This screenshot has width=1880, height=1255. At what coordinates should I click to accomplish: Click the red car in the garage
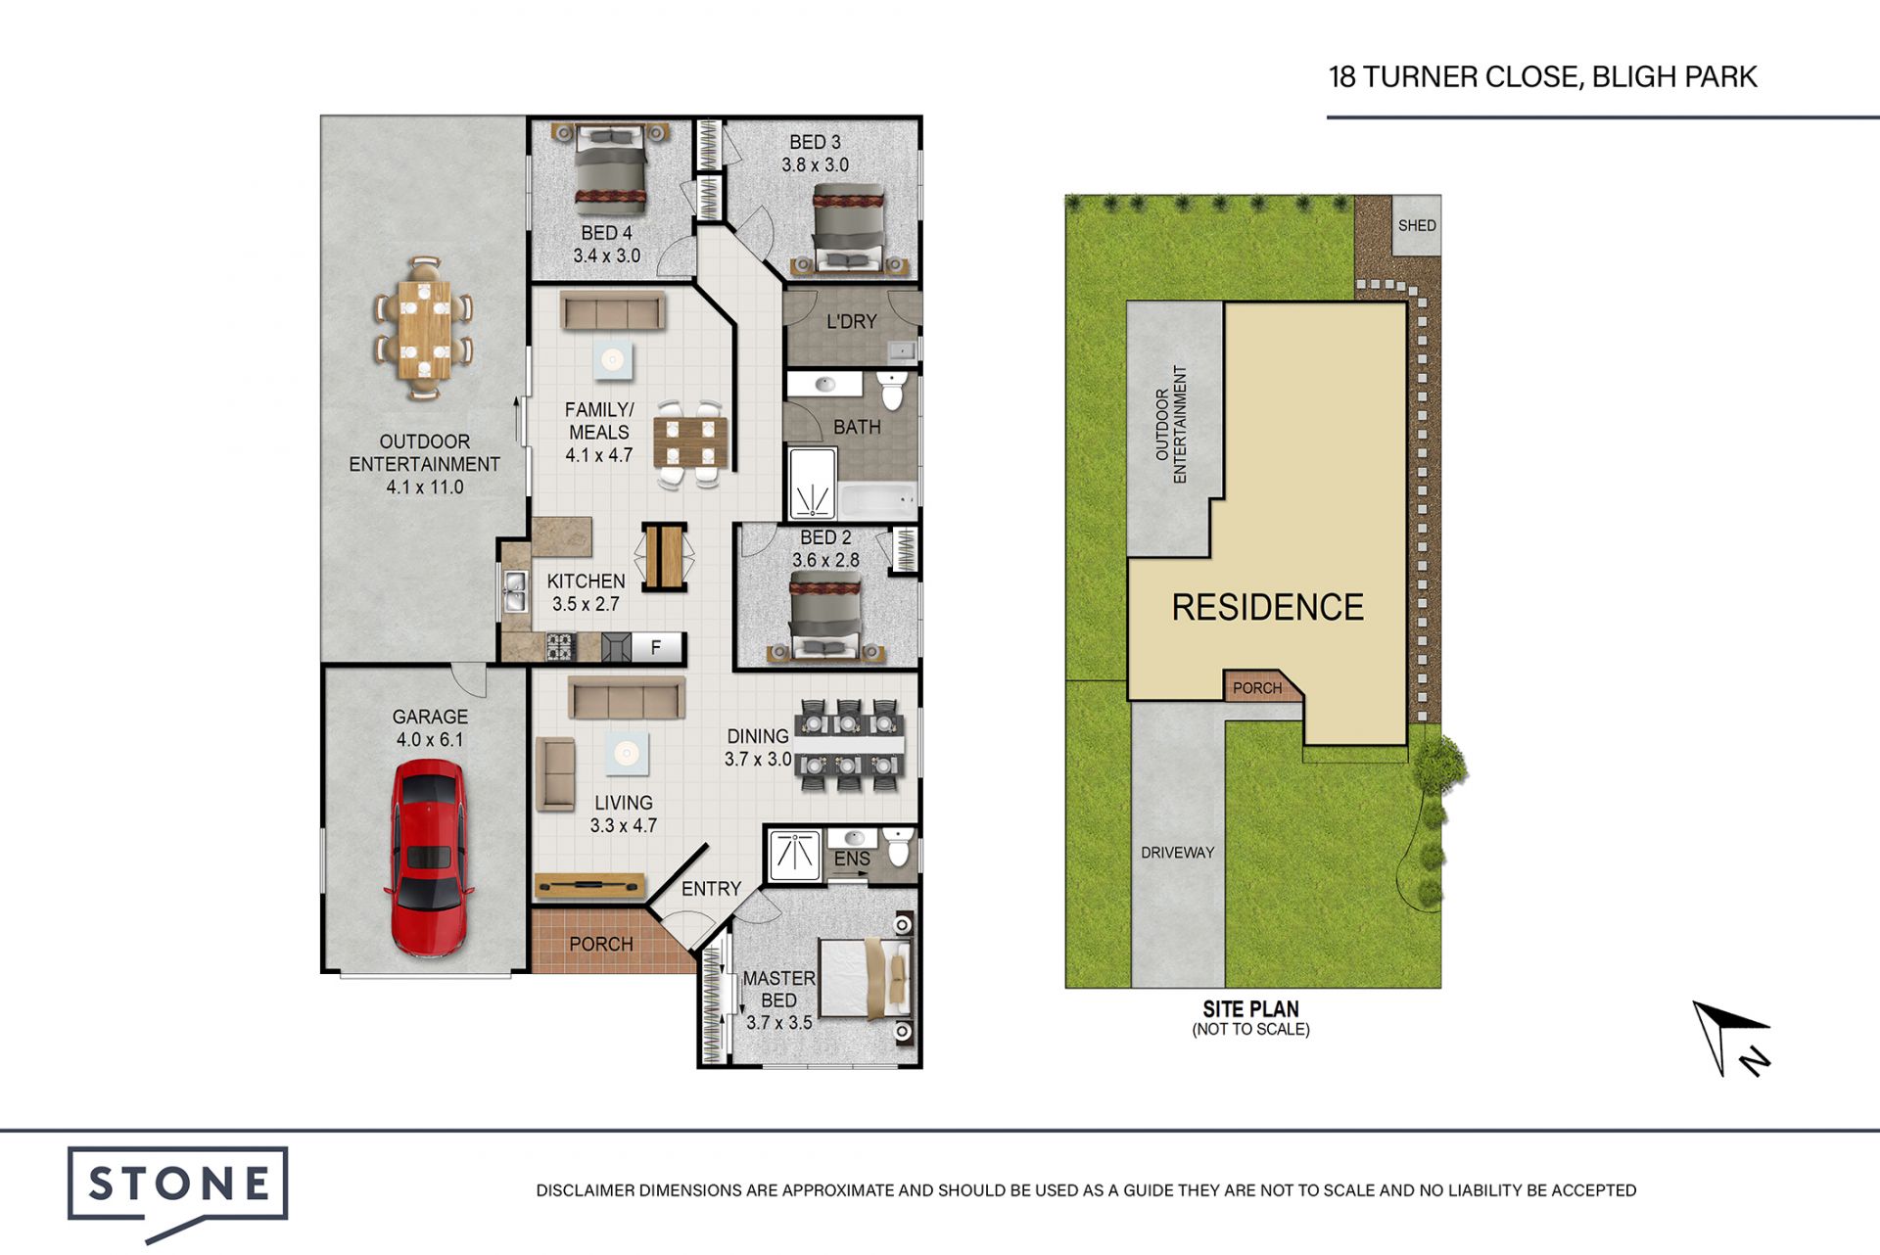429,859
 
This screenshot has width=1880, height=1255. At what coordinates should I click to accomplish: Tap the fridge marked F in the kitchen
656,647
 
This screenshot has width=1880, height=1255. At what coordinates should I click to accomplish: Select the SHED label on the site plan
1417,225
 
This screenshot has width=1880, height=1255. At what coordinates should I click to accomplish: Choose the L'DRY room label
851,321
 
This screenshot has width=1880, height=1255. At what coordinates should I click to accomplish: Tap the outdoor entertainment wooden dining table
424,329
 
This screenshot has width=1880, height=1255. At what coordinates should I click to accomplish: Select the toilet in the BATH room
892,391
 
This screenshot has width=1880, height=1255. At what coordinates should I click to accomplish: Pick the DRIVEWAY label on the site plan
1177,853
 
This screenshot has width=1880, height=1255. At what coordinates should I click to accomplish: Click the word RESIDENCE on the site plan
1268,607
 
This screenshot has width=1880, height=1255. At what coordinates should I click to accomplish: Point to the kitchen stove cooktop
559,647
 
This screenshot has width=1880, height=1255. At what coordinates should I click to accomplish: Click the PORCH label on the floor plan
601,944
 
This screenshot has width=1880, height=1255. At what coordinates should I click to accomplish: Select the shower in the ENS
795,855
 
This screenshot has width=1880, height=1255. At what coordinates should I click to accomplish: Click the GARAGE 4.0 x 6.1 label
430,728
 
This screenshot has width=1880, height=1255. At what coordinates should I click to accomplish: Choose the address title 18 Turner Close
1542,76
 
